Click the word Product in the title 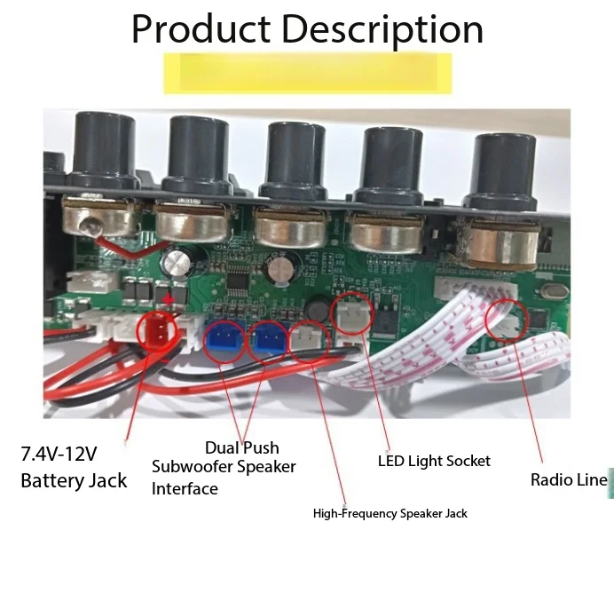pyautogui.click(x=201, y=30)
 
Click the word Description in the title pyautogui.click(x=382, y=31)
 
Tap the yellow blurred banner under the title pyautogui.click(x=307, y=74)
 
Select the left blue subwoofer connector pyautogui.click(x=224, y=338)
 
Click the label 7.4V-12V pyautogui.click(x=59, y=454)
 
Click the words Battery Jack pyautogui.click(x=74, y=481)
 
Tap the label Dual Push pyautogui.click(x=242, y=447)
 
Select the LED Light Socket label pyautogui.click(x=434, y=461)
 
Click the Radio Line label pyautogui.click(x=569, y=479)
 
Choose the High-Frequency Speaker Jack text pyautogui.click(x=390, y=513)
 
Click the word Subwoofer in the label pyautogui.click(x=192, y=466)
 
